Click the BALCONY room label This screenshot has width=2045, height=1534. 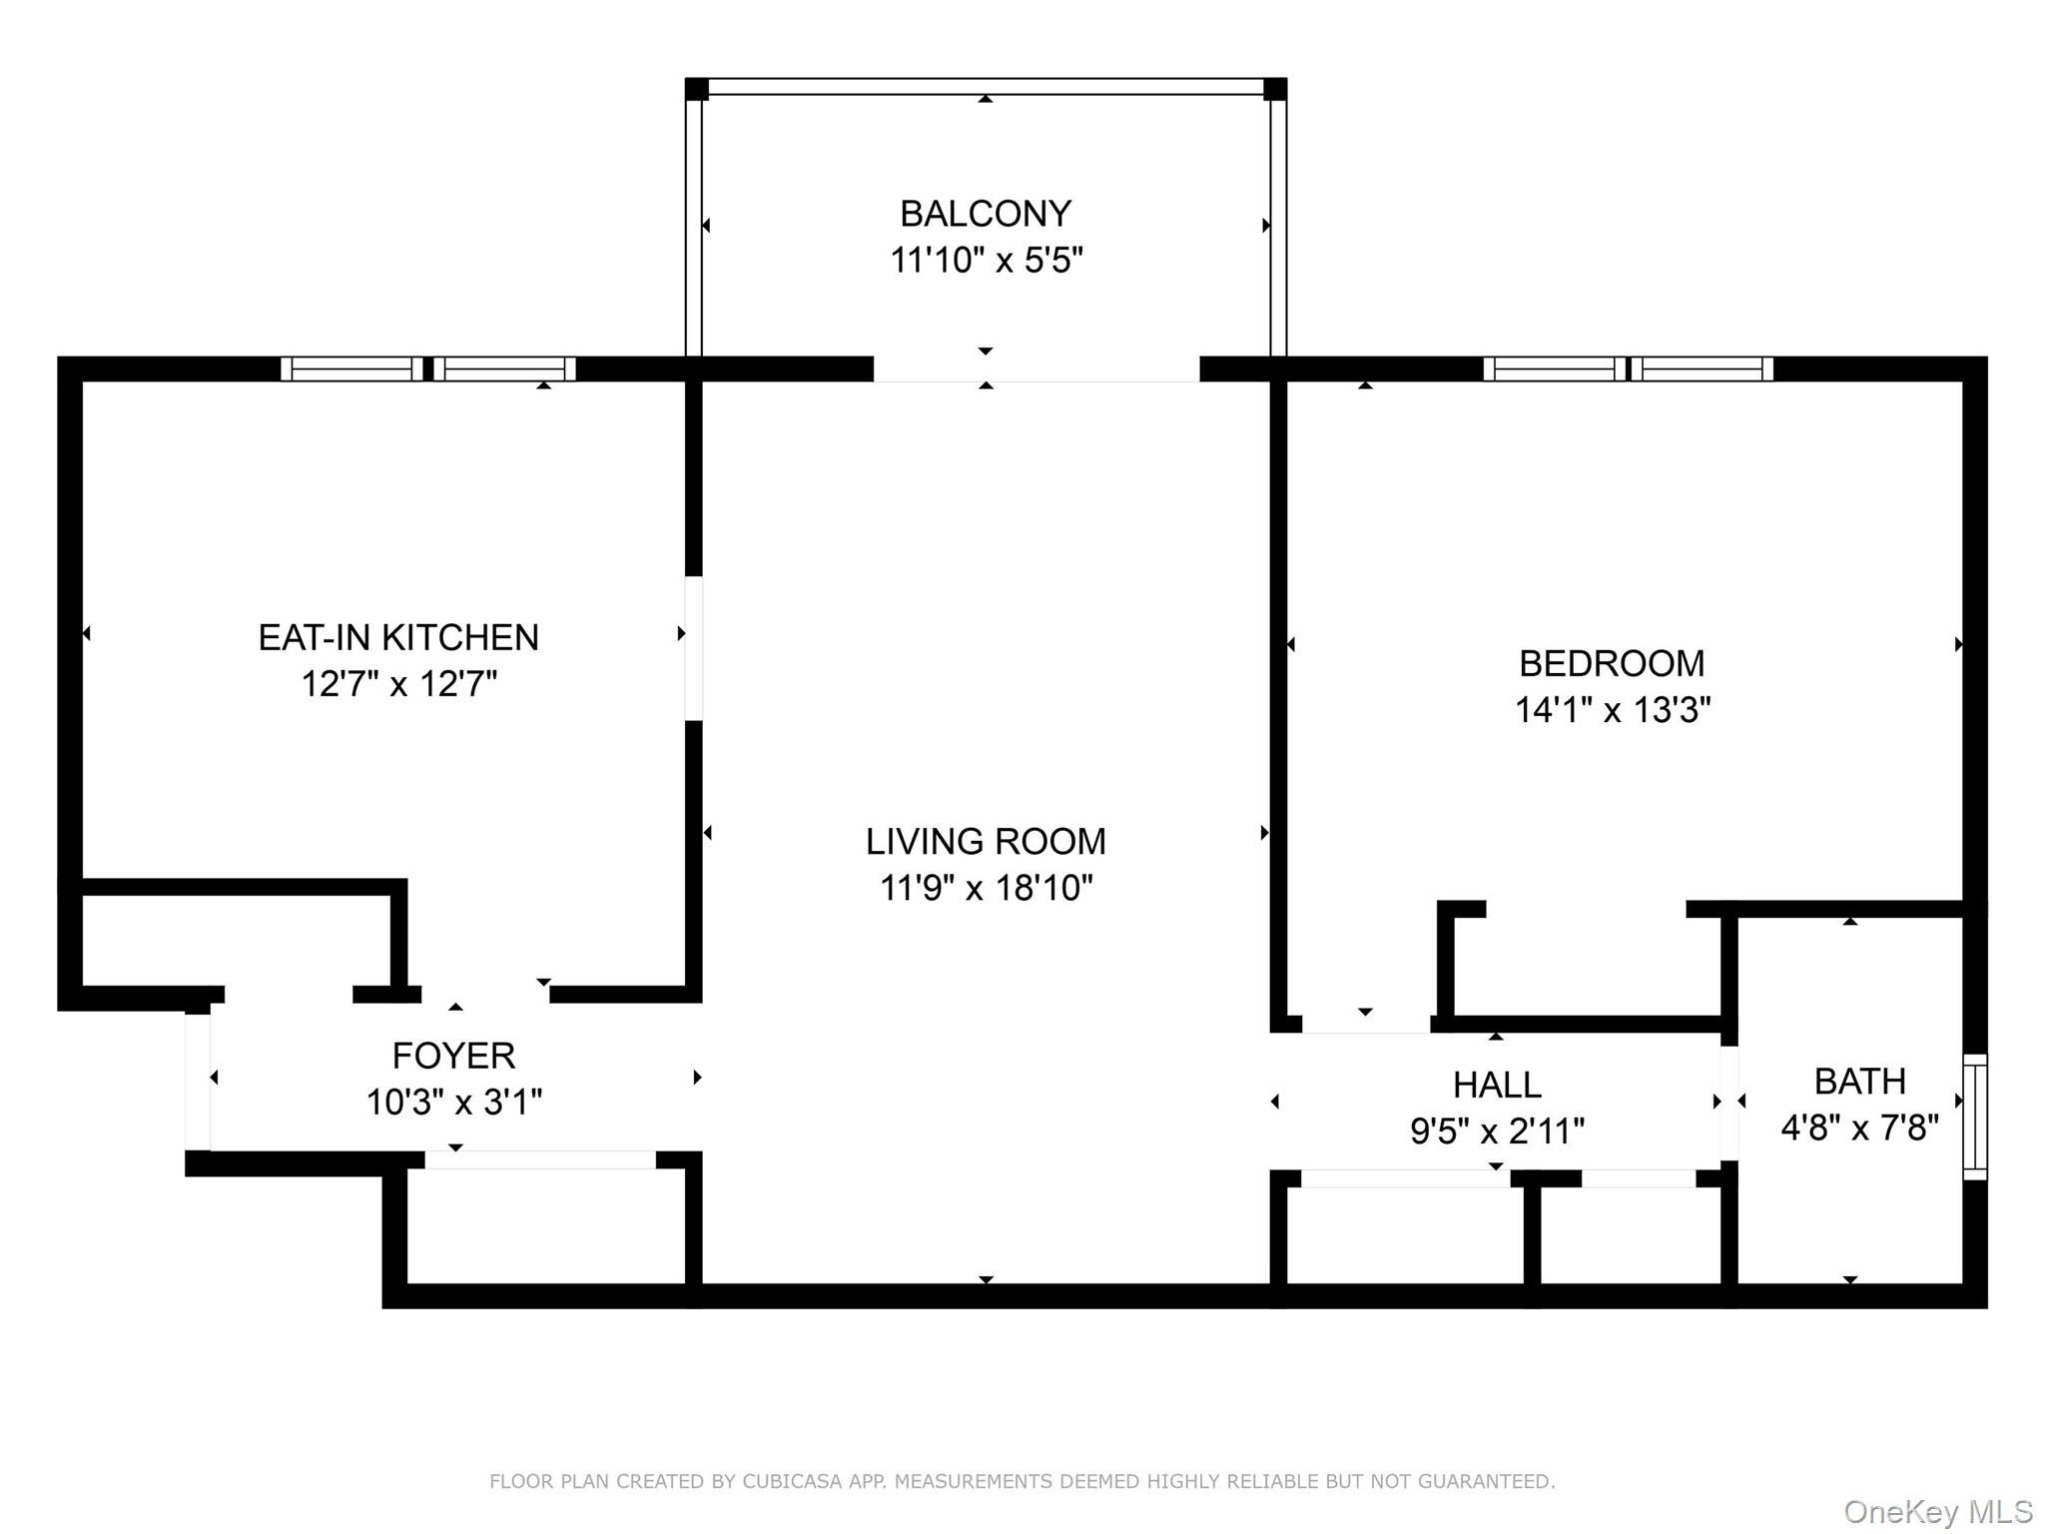tap(986, 214)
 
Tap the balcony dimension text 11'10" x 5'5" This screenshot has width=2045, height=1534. tap(987, 261)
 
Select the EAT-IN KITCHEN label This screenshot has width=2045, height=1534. tap(398, 637)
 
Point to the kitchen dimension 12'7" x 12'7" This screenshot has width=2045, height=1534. tap(399, 684)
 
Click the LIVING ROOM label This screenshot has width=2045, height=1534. tap(986, 842)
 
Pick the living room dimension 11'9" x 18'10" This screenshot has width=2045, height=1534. tap(987, 888)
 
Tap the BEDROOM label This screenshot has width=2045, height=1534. tap(1612, 663)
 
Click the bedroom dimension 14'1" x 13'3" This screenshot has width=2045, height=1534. tap(1613, 710)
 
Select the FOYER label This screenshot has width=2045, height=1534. tap(453, 1056)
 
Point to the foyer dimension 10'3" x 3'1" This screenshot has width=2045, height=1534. tap(454, 1103)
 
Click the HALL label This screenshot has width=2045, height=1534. tap(1497, 1085)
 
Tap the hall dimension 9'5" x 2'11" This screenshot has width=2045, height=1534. tap(1497, 1132)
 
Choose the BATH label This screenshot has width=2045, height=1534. tap(1859, 1082)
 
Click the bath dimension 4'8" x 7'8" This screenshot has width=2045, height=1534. tap(1859, 1129)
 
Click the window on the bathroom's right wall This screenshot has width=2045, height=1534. tap(1975, 1117)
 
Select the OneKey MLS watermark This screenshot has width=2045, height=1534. tap(1938, 1512)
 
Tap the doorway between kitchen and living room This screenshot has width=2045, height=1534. tap(693, 648)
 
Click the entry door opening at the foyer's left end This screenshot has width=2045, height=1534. tap(198, 1082)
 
